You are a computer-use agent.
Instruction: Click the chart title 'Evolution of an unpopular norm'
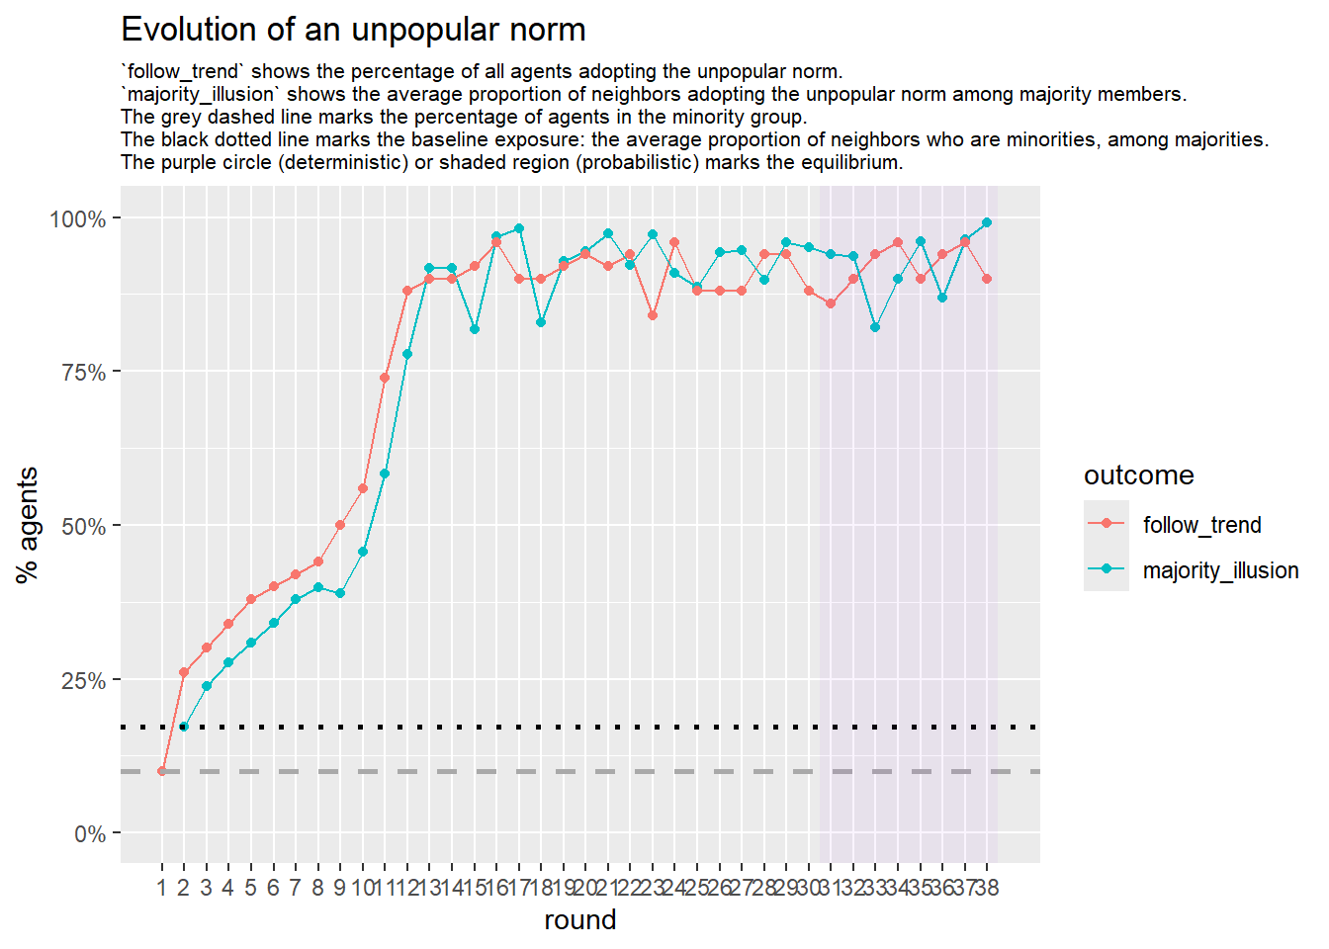click(353, 30)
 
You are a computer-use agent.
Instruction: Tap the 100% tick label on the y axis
click(78, 218)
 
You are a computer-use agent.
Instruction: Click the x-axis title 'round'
click(579, 920)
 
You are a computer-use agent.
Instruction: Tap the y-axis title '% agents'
click(28, 525)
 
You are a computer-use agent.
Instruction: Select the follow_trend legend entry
click(1201, 525)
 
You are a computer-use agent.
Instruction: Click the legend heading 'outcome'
click(1138, 475)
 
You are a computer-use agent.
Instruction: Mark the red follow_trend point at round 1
click(162, 771)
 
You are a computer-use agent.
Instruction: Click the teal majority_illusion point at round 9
click(340, 593)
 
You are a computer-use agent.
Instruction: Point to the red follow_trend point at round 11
click(385, 378)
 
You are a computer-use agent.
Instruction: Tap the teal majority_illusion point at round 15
click(475, 329)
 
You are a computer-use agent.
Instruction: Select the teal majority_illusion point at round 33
click(875, 327)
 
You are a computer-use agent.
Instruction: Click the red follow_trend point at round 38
click(987, 279)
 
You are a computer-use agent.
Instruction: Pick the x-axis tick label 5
click(250, 888)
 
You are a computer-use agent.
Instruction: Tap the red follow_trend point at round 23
click(653, 315)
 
